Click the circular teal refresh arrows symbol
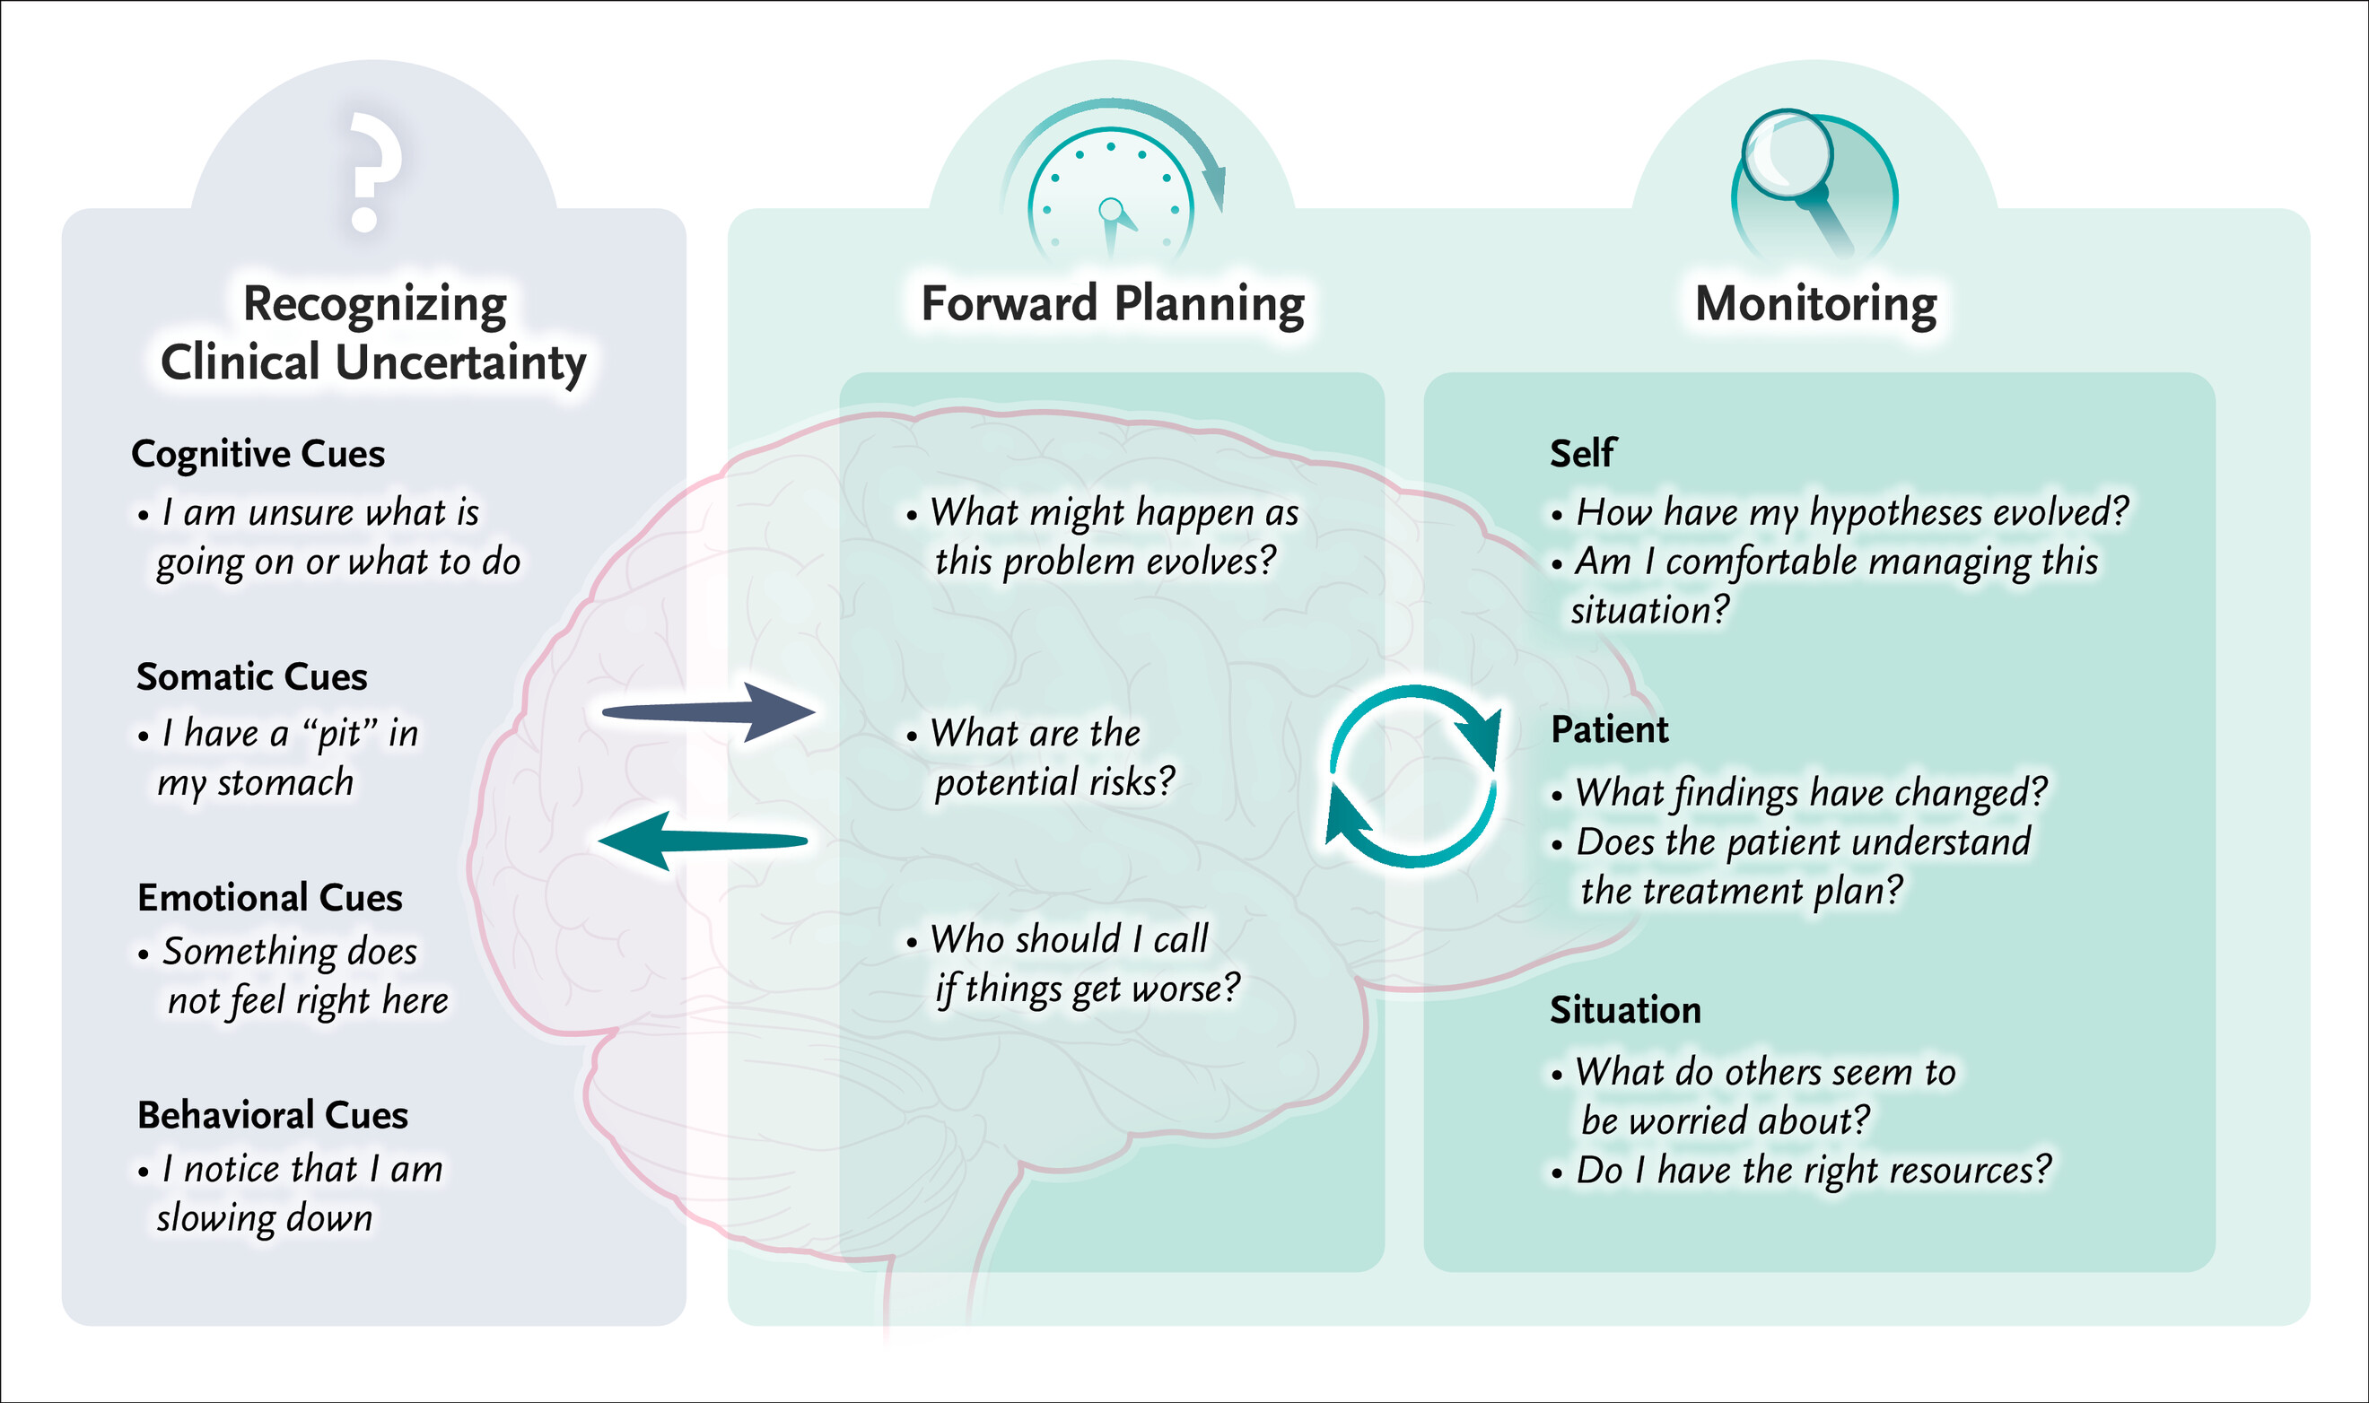(1413, 775)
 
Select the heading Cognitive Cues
(258, 455)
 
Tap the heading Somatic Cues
(251, 677)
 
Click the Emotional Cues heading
(269, 897)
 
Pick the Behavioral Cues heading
(273, 1116)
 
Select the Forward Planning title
(1112, 304)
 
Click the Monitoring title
(1814, 304)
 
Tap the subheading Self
(1582, 454)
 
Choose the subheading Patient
(1609, 730)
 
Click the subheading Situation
(1625, 1011)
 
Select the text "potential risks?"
(1054, 783)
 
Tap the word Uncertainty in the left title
(460, 364)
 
